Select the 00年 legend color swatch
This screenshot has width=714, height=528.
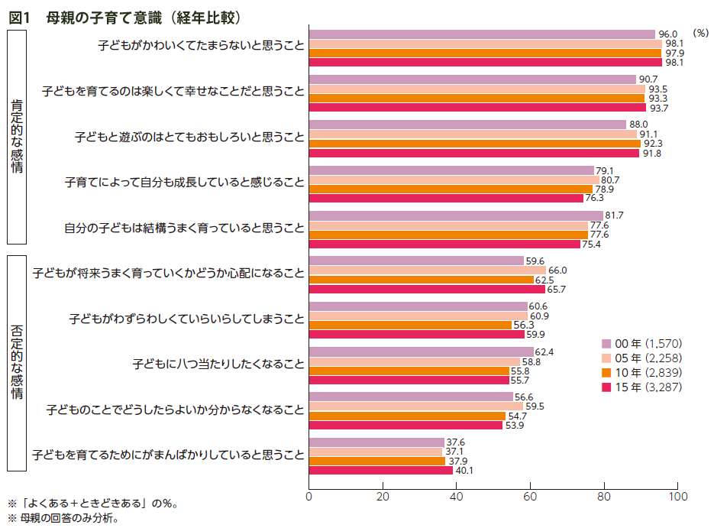[606, 343]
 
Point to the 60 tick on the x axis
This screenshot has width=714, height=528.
[530, 497]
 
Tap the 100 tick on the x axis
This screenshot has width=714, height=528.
[677, 497]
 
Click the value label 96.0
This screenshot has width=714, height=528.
[668, 34]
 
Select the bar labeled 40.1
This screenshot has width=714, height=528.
[380, 470]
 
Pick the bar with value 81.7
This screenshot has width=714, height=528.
[456, 215]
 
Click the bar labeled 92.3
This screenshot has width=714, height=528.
[474, 143]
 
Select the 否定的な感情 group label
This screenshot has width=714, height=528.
[17, 362]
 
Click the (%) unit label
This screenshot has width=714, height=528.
[700, 33]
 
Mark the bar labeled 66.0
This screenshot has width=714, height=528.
[428, 270]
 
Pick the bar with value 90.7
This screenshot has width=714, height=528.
[472, 79]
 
